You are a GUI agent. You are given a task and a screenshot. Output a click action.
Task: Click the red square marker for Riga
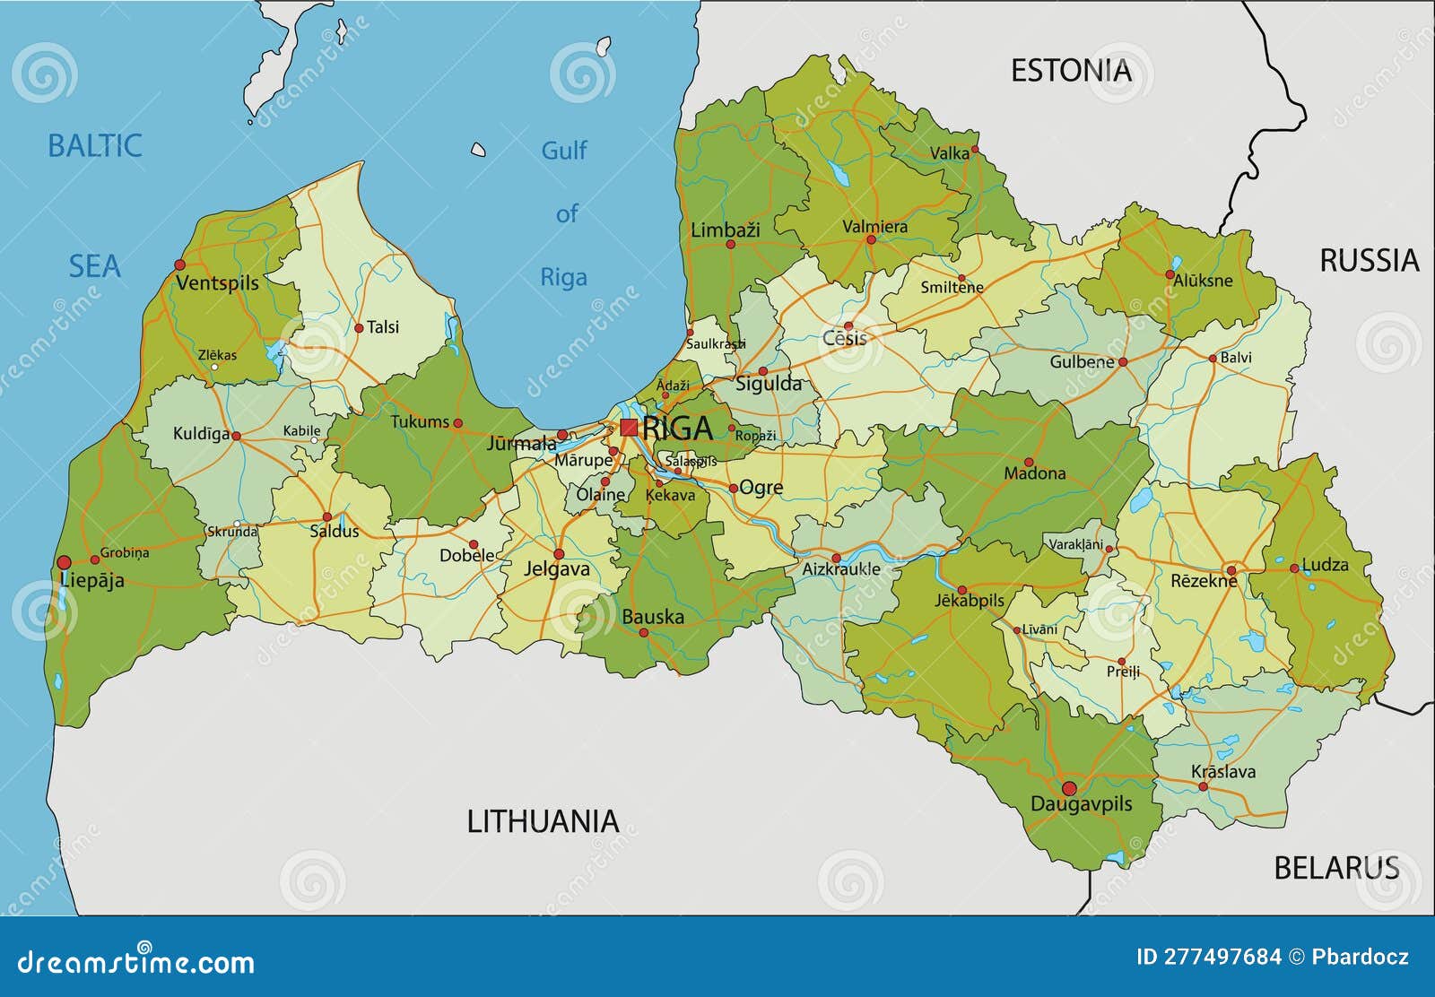[x=629, y=428]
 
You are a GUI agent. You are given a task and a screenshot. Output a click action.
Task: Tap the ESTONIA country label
[x=1071, y=71]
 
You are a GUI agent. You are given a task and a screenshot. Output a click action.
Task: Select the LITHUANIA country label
[x=543, y=820]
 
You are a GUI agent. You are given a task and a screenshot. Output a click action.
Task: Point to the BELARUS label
[x=1336, y=867]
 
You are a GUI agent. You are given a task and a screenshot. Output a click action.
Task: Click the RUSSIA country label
[x=1369, y=261]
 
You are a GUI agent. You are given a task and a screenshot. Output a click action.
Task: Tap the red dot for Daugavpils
[x=1068, y=789]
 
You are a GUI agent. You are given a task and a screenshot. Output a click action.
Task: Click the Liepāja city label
[x=92, y=580]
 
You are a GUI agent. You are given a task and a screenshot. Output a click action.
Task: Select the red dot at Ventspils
[x=179, y=264]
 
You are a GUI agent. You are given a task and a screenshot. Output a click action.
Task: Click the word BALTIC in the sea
[x=94, y=145]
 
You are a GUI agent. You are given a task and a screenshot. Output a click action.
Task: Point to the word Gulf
[x=563, y=151]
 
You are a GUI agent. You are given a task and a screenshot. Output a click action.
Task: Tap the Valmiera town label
[x=874, y=226]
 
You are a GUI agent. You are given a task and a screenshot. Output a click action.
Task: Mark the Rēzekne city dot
[x=1231, y=570]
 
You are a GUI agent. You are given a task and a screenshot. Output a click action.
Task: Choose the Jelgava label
[x=557, y=568]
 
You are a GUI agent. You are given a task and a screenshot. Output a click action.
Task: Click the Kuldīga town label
[x=201, y=434]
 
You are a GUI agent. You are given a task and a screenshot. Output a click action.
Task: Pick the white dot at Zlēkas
[x=214, y=367]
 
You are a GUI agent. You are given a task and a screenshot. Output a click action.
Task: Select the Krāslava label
[x=1222, y=771]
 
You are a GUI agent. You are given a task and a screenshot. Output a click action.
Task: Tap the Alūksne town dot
[x=1170, y=273]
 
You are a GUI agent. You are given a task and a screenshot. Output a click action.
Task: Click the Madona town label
[x=1034, y=473]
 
